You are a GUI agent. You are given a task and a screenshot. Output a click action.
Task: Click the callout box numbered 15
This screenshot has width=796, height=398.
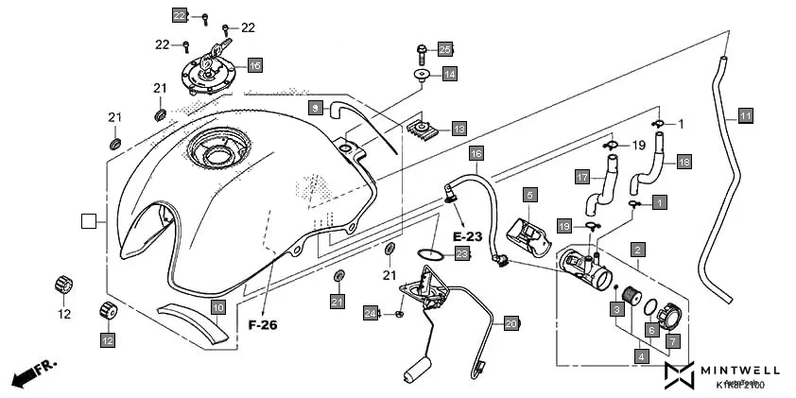pos(254,65)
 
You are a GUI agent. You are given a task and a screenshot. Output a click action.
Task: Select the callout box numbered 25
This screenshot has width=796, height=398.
pos(445,48)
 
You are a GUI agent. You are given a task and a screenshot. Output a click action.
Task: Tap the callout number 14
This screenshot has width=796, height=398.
pos(449,74)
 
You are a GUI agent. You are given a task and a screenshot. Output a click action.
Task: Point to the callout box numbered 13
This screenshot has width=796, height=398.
pos(459,128)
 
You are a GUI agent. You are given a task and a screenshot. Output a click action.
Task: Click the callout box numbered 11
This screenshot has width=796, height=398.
pos(745,116)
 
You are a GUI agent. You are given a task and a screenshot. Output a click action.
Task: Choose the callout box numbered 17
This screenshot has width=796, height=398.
pos(583,176)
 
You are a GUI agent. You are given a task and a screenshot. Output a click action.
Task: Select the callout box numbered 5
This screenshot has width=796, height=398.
pos(531,194)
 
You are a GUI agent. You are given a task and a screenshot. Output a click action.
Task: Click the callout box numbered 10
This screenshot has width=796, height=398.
pos(217,307)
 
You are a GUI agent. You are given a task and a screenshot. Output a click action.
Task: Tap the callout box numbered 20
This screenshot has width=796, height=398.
pos(510,322)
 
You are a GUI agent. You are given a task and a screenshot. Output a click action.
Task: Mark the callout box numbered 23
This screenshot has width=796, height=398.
pos(461,253)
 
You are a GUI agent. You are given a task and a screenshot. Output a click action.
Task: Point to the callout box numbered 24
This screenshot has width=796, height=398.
pos(372,313)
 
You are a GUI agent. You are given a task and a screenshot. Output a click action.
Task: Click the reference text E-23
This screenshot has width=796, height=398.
pos(468,234)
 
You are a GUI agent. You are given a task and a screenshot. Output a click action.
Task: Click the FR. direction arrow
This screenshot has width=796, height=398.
pos(33,372)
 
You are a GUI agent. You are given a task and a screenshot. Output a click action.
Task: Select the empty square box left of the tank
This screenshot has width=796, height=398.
pos(90,221)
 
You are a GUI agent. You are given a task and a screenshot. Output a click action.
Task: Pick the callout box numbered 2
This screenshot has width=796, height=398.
pos(639,250)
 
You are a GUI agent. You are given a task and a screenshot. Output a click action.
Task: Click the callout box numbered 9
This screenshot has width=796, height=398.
pos(316,108)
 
